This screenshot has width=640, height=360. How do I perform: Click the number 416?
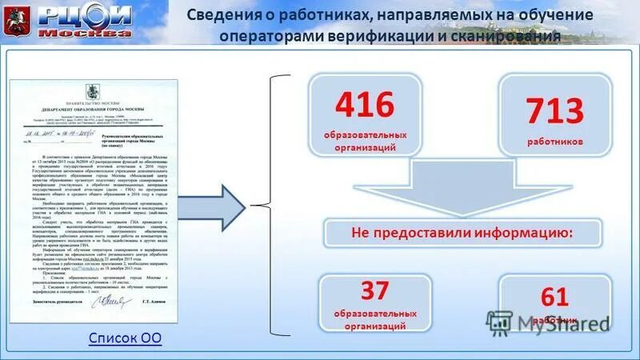coord(365,105)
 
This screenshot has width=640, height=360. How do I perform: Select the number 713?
coord(554,112)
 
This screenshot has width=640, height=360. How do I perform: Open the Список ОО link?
coord(124,338)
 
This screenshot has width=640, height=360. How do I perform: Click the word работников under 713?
coord(554,141)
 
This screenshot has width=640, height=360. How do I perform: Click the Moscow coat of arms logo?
coord(16,21)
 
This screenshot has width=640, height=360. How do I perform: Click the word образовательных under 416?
coord(365,133)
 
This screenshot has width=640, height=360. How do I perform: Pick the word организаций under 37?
coord(365,326)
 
